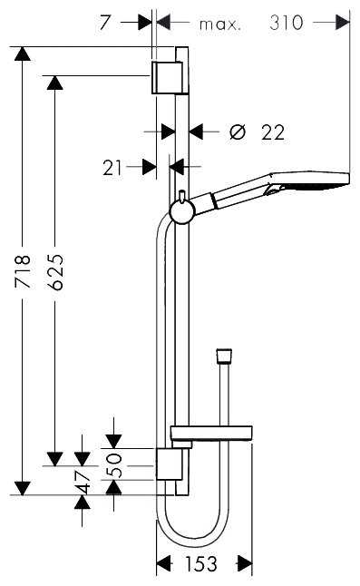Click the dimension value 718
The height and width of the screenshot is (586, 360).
click(23, 271)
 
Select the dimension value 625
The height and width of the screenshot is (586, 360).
click(56, 272)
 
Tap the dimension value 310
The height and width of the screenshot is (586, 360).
click(287, 23)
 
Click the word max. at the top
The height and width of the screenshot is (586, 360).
click(220, 24)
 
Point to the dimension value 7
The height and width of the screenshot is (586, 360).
click(105, 23)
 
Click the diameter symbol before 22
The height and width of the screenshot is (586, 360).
click(238, 132)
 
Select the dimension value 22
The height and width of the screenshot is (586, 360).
click(273, 132)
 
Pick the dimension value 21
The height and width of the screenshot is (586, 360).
click(112, 168)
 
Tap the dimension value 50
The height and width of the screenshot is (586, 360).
click(114, 465)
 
